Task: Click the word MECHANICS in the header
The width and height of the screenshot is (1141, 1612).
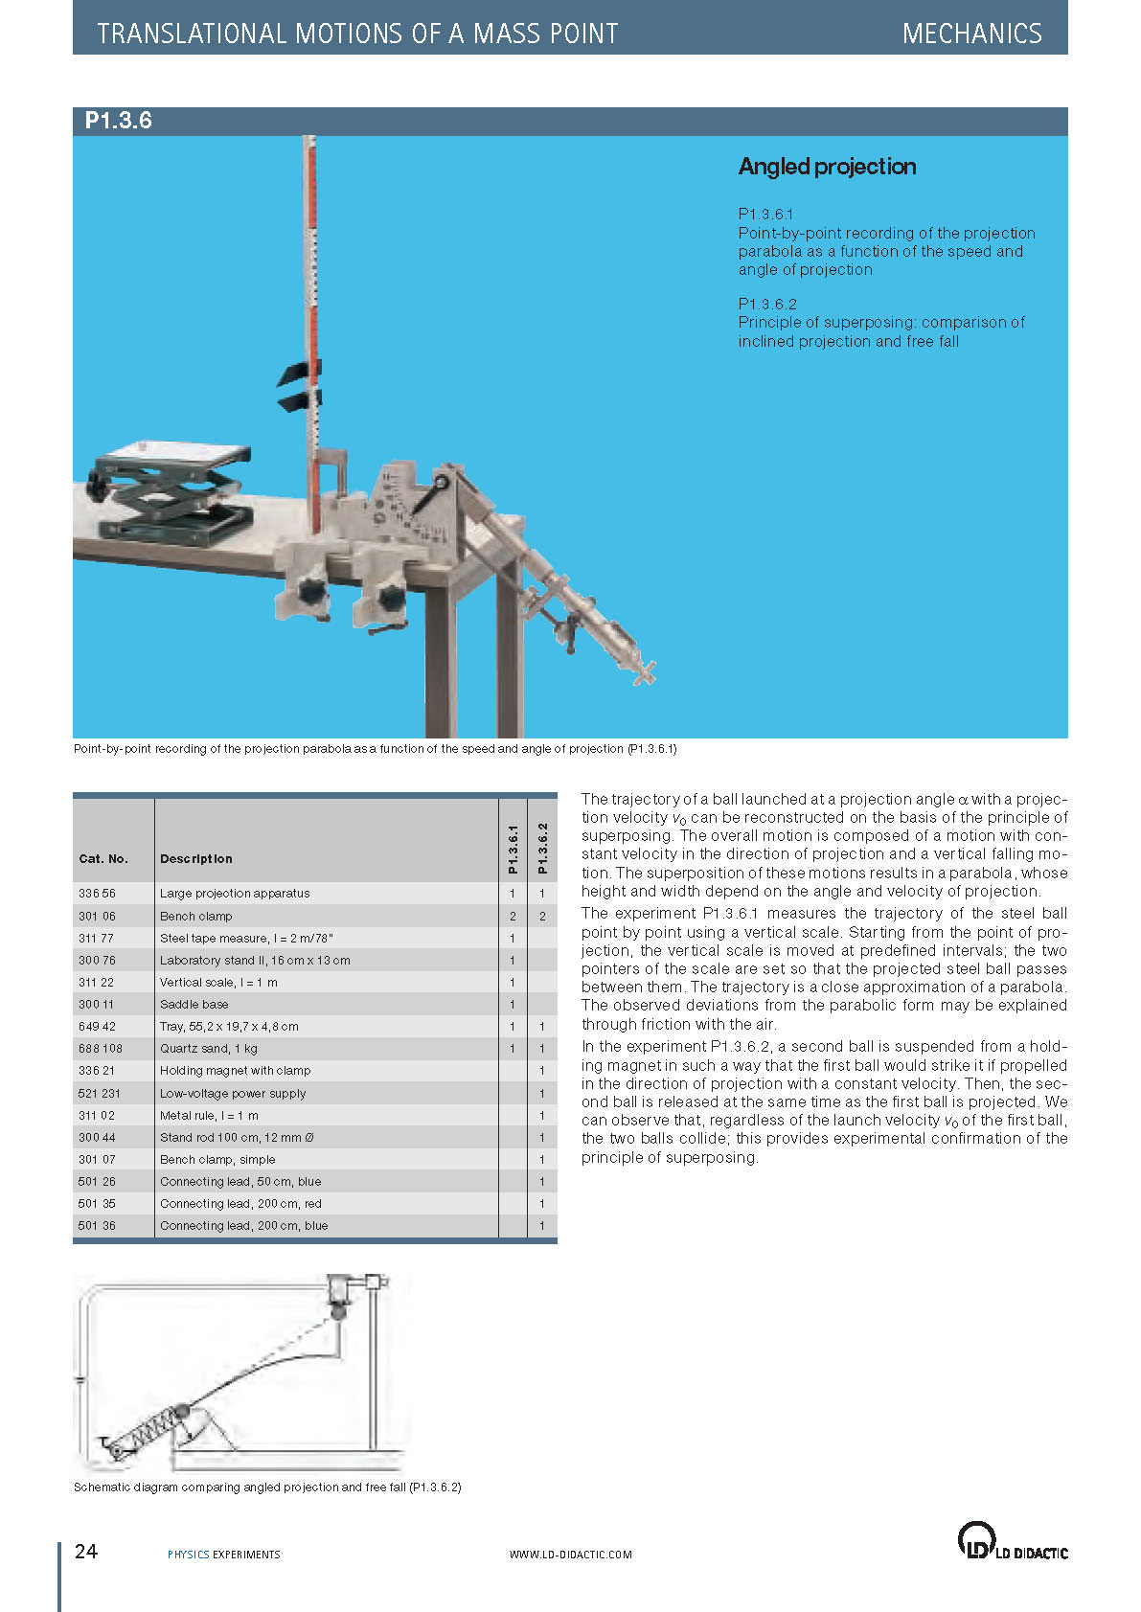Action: pyautogui.click(x=971, y=34)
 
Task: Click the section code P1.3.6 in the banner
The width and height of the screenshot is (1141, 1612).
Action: pyautogui.click(x=118, y=121)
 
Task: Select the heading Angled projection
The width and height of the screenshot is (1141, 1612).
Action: pyautogui.click(x=827, y=167)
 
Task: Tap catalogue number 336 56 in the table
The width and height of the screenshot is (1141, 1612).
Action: pyautogui.click(x=97, y=894)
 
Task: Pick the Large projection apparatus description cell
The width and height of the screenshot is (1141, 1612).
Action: pyautogui.click(x=235, y=894)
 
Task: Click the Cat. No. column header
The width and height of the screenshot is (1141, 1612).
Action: pyautogui.click(x=103, y=859)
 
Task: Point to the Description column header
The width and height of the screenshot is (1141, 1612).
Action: pyautogui.click(x=195, y=859)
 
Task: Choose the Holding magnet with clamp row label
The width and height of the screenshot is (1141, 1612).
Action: pyautogui.click(x=235, y=1071)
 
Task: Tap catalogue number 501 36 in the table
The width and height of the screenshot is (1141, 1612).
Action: pyautogui.click(x=97, y=1226)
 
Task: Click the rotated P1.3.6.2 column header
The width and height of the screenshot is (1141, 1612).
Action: pyautogui.click(x=542, y=848)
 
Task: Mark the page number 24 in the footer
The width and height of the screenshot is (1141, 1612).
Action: pyautogui.click(x=86, y=1552)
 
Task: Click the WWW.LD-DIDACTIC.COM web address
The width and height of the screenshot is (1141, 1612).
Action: pyautogui.click(x=570, y=1555)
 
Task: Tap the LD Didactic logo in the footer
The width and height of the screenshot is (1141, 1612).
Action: pyautogui.click(x=1012, y=1541)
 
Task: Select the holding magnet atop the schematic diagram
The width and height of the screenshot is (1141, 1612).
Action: pyautogui.click(x=339, y=1287)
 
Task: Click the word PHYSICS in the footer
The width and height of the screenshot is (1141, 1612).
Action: pyautogui.click(x=188, y=1555)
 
